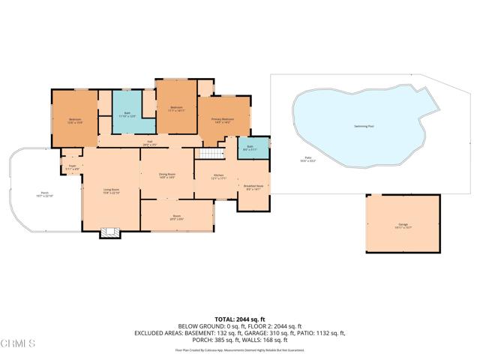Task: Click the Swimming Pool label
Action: (x=364, y=126)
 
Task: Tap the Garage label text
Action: (x=403, y=225)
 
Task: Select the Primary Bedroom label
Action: (x=222, y=120)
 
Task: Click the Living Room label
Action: (x=111, y=190)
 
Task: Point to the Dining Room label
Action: (x=166, y=175)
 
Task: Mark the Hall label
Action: (x=148, y=143)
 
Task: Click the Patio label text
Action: (x=288, y=159)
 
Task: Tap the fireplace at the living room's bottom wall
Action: (x=110, y=232)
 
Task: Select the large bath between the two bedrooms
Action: (x=126, y=115)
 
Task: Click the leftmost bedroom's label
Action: (x=75, y=120)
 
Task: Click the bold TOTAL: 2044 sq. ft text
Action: (x=239, y=318)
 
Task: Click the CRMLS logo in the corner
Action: (x=19, y=344)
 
